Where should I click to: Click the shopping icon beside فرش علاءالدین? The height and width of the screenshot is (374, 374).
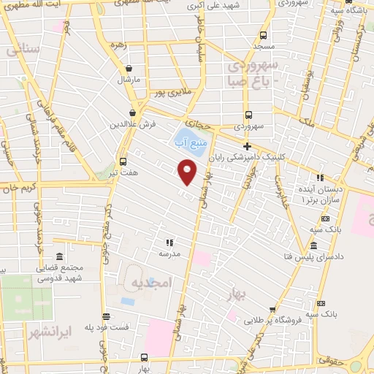[132, 112]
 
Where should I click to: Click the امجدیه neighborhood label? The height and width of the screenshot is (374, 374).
[150, 281]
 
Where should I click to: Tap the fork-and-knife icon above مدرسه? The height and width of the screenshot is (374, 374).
[169, 242]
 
